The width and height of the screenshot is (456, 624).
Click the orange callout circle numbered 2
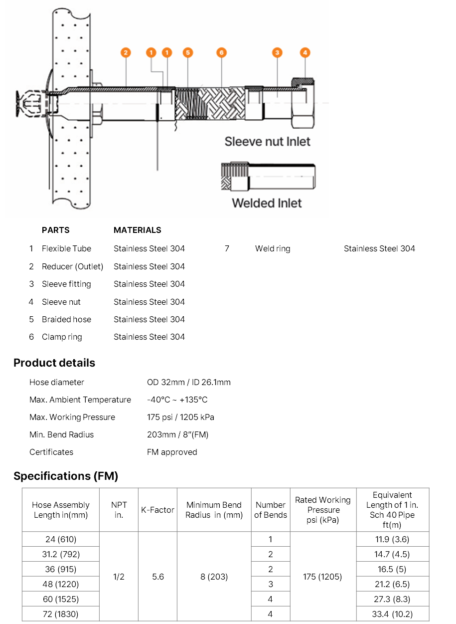point(126,52)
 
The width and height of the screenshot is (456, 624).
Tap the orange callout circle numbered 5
point(187,52)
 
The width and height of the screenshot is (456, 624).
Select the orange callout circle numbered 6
point(222,52)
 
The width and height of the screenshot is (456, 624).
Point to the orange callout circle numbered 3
point(278,52)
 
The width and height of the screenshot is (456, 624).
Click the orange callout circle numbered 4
point(305,52)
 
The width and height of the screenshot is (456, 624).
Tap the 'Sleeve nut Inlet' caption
point(267,142)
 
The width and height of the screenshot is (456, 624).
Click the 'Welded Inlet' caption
point(267,203)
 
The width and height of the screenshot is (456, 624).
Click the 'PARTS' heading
point(56,230)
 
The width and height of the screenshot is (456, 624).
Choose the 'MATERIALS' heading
point(138,230)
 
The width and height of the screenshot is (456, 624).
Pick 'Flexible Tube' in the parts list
point(66,248)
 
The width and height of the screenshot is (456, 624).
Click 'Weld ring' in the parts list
point(273,248)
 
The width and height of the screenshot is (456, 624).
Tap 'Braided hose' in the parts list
point(66,319)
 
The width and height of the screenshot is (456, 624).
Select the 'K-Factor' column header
point(157,510)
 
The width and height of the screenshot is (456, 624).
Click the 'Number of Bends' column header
point(271,510)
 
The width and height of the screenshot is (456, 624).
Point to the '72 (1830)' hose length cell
point(61,614)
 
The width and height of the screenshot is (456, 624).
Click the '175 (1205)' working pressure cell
point(323,577)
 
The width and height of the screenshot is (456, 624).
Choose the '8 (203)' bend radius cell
point(214,577)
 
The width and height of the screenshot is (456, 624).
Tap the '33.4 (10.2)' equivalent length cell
point(393,614)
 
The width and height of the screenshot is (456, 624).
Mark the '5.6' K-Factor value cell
point(157,577)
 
